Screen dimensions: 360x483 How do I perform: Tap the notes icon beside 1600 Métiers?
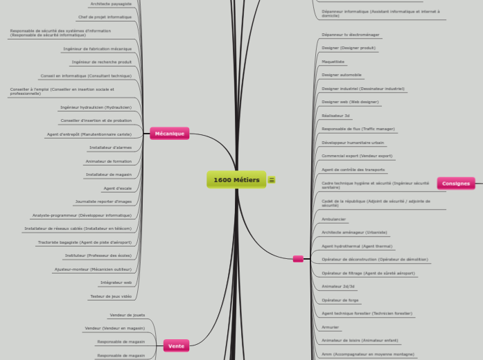[272, 180]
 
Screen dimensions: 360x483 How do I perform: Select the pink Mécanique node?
[169, 134]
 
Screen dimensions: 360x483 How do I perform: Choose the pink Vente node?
[176, 345]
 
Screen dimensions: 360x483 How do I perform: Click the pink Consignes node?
[455, 183]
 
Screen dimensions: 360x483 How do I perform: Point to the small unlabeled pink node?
[298, 259]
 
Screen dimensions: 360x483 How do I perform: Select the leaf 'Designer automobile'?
[342, 75]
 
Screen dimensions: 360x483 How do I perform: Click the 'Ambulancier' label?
[334, 219]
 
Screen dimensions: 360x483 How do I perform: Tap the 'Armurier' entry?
[331, 327]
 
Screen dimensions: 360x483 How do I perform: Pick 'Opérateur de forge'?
[340, 300]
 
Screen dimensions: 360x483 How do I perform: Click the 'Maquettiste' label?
[333, 62]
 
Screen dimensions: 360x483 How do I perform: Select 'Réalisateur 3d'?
[336, 116]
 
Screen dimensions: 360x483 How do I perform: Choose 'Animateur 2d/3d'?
[338, 286]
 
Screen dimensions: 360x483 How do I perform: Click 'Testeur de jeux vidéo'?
[110, 296]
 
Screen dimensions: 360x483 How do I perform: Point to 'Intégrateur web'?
[116, 282]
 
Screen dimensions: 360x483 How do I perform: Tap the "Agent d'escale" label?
[117, 188]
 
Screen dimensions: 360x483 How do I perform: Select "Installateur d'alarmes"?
[110, 147]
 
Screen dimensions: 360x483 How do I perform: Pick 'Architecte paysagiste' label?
[111, 3]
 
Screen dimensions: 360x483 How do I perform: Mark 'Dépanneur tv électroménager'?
[351, 35]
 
